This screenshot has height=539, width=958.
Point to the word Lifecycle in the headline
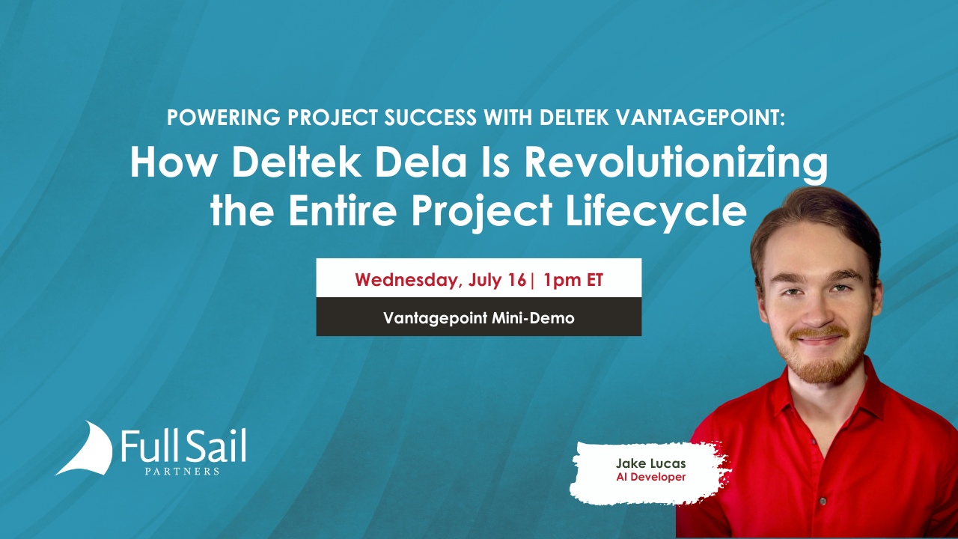[x=656, y=213]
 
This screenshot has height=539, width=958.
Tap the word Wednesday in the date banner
[x=409, y=280]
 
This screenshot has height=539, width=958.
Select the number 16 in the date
[x=517, y=280]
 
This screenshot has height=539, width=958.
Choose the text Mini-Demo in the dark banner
[x=533, y=318]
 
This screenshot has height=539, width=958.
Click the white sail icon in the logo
[x=85, y=448]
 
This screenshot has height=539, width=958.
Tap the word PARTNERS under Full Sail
[x=182, y=472]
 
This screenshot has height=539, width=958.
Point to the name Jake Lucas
[x=651, y=463]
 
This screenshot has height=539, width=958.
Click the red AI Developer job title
[x=651, y=477]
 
